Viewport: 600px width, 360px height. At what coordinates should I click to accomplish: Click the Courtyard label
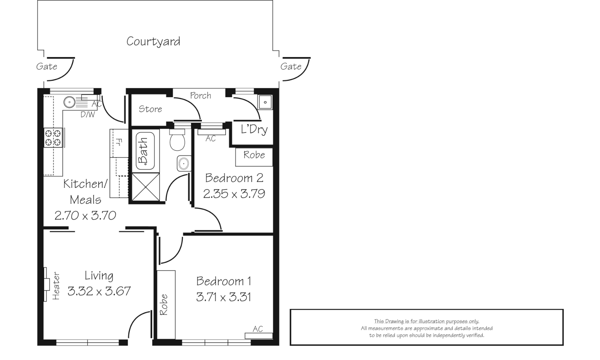(153, 41)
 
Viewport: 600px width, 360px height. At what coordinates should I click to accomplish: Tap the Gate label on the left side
(47, 66)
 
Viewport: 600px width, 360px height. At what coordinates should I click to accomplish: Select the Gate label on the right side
(291, 66)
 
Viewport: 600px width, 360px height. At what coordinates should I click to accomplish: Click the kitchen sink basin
(70, 102)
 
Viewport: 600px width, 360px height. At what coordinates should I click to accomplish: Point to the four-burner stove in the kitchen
(53, 138)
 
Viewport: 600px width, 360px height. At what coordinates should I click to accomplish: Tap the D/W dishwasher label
(88, 115)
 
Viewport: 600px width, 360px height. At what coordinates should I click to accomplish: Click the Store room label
(150, 109)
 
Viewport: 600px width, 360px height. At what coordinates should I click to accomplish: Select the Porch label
(200, 96)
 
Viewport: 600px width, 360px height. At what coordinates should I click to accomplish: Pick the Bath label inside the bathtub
(143, 151)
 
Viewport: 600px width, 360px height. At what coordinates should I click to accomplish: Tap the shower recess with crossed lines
(146, 187)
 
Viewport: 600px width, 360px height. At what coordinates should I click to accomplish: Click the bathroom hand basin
(183, 163)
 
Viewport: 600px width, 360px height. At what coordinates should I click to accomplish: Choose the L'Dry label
(254, 129)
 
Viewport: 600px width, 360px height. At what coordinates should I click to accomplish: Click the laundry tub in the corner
(265, 102)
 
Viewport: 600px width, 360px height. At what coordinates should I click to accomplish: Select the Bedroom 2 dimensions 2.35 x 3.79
(234, 194)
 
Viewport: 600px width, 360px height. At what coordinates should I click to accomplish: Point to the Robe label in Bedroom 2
(254, 155)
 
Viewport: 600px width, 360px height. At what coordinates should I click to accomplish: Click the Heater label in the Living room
(56, 286)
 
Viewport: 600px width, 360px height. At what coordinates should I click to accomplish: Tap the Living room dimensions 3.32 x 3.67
(99, 291)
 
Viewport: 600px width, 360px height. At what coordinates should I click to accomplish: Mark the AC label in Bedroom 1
(258, 329)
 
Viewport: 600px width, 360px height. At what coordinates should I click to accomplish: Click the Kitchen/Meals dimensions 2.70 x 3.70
(85, 215)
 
